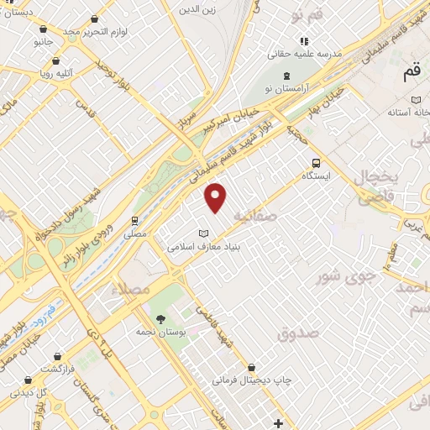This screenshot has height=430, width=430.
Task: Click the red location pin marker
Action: coord(217,197)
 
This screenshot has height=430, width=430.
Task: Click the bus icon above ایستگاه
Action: coord(316,164)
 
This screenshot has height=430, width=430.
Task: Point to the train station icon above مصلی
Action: coord(134,221)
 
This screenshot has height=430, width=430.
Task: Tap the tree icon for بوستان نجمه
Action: coord(160,318)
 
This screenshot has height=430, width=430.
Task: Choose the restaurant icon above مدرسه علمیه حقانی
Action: coord(304,39)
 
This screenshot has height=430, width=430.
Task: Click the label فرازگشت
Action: coord(61,368)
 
